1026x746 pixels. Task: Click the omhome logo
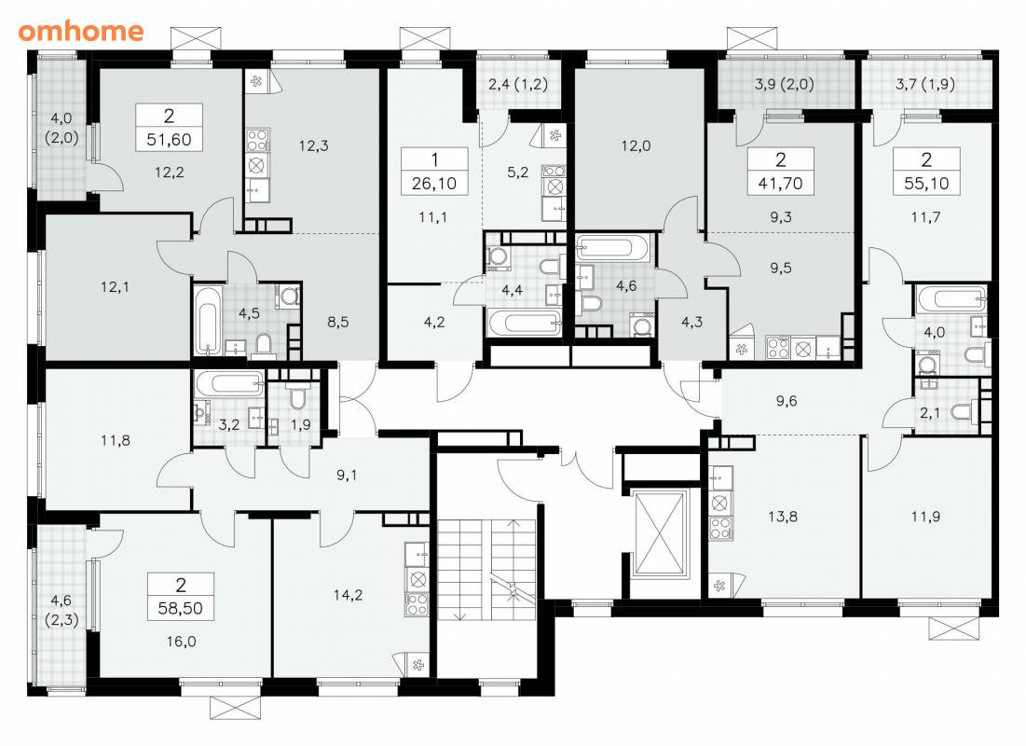coord(81,31)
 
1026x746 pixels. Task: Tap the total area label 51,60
coord(169,140)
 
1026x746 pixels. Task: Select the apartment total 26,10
coord(434,184)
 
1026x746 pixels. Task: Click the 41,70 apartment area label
coord(780,184)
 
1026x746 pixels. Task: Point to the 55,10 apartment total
coord(926,184)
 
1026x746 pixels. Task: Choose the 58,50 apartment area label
coord(181,609)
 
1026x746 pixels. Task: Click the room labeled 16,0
coord(182,642)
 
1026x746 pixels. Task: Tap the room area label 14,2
coord(349,595)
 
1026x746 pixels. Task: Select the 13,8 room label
coord(783,516)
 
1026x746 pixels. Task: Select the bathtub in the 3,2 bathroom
coord(229,384)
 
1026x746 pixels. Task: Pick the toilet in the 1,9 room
coord(300,396)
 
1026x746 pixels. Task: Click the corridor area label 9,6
coord(787,401)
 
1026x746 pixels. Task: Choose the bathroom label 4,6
coord(626,285)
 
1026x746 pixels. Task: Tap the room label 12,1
coord(116,287)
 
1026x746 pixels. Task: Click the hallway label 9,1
coord(347,475)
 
